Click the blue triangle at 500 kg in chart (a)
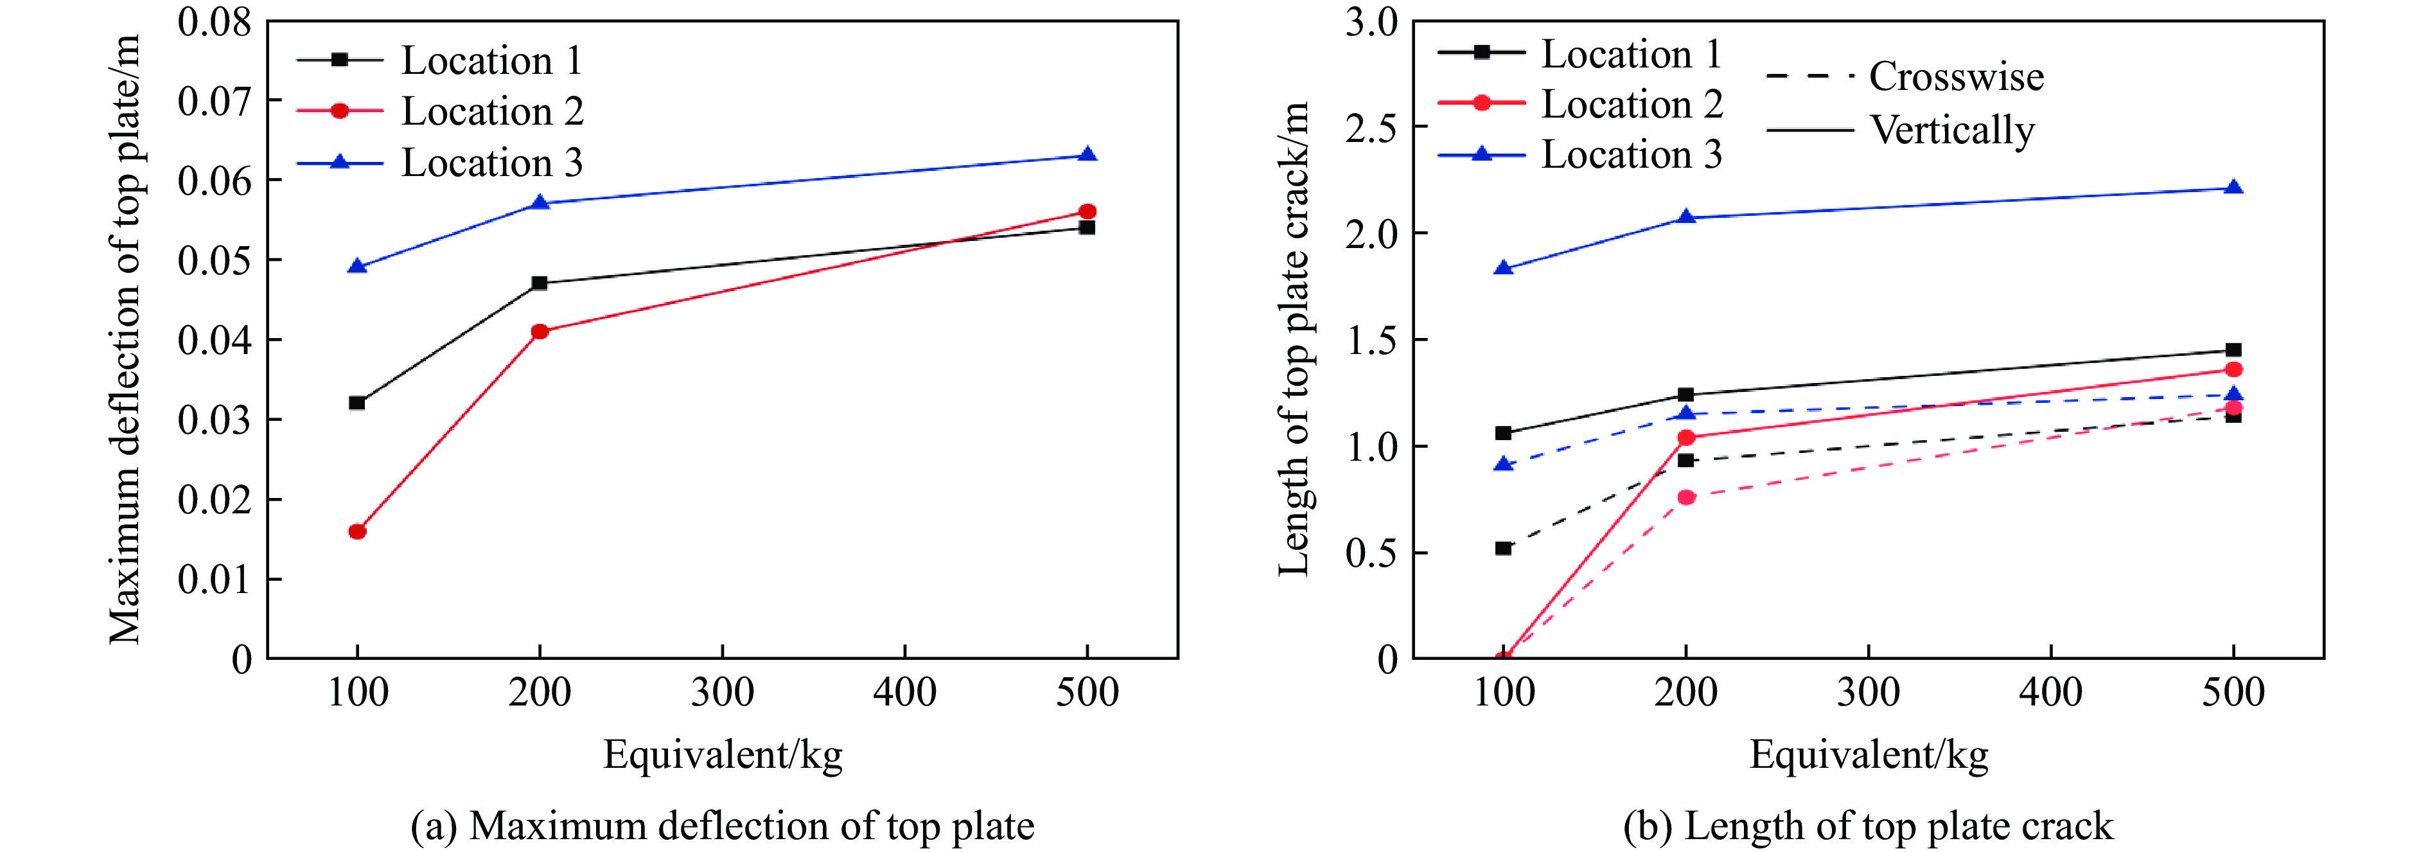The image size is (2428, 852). (x=1087, y=155)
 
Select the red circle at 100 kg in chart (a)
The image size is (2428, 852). (x=357, y=531)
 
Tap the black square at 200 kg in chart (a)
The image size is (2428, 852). (x=539, y=283)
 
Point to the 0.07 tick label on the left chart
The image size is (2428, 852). (x=215, y=101)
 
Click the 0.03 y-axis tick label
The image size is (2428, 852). (x=215, y=420)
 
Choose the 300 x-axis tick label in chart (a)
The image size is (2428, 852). (x=722, y=693)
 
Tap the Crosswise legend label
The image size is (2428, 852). (x=1956, y=76)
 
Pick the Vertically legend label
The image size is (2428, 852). (x=1952, y=130)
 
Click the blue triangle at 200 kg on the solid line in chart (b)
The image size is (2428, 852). (x=1686, y=218)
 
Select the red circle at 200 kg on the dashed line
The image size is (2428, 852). (x=1686, y=497)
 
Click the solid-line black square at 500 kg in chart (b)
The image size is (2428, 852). (x=2233, y=350)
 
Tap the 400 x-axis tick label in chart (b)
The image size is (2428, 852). (x=2051, y=693)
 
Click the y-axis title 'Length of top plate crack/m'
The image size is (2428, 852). (x=1294, y=339)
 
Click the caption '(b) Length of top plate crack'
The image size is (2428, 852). (x=1868, y=826)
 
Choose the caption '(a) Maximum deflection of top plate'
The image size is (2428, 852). (x=723, y=826)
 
